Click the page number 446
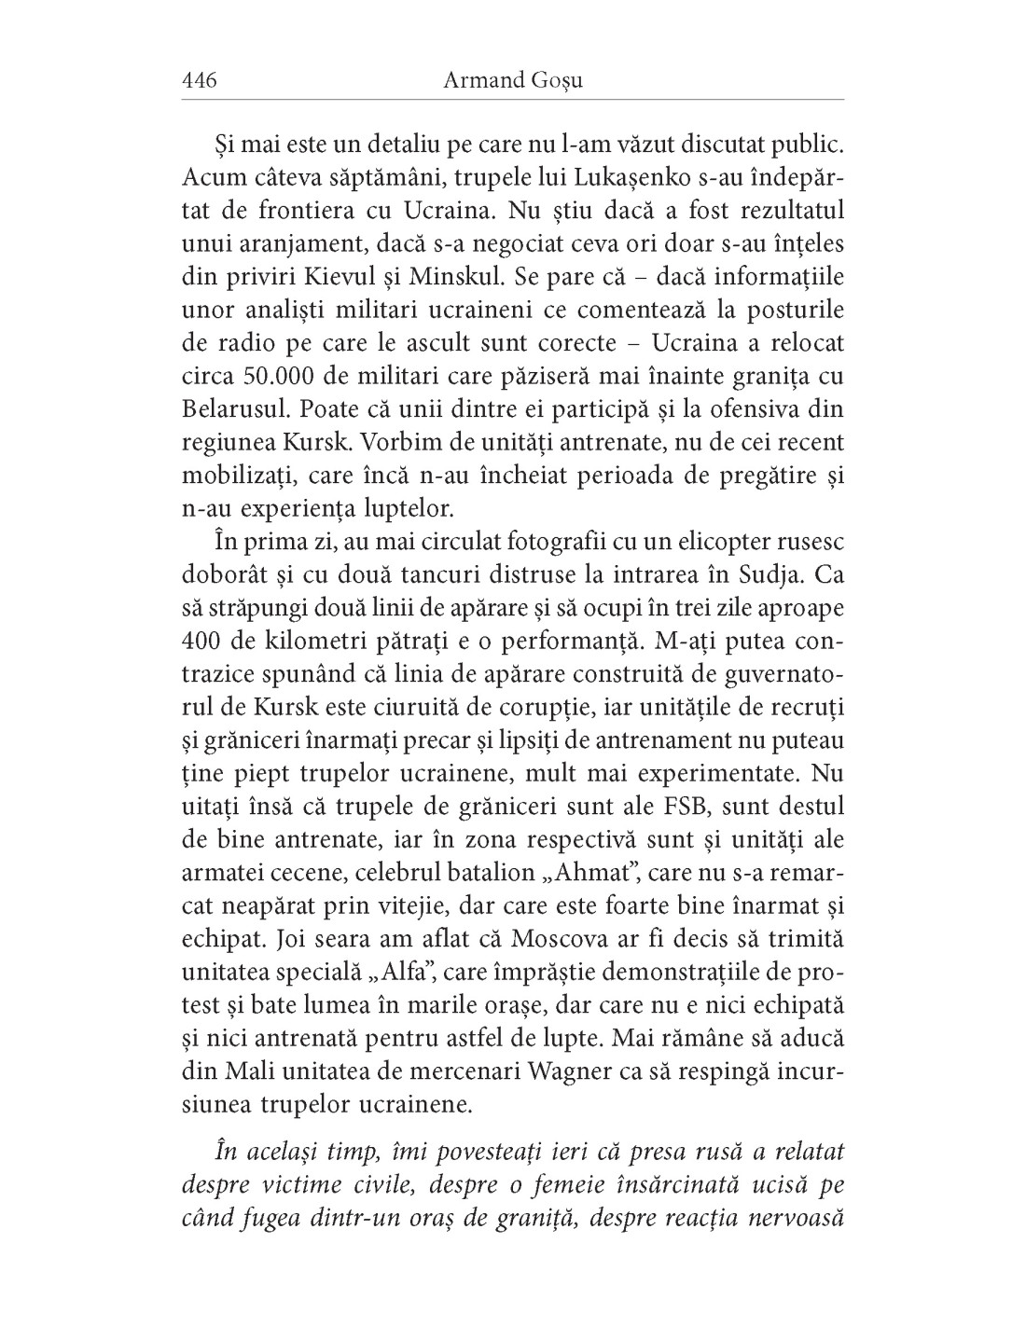pos(200,80)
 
